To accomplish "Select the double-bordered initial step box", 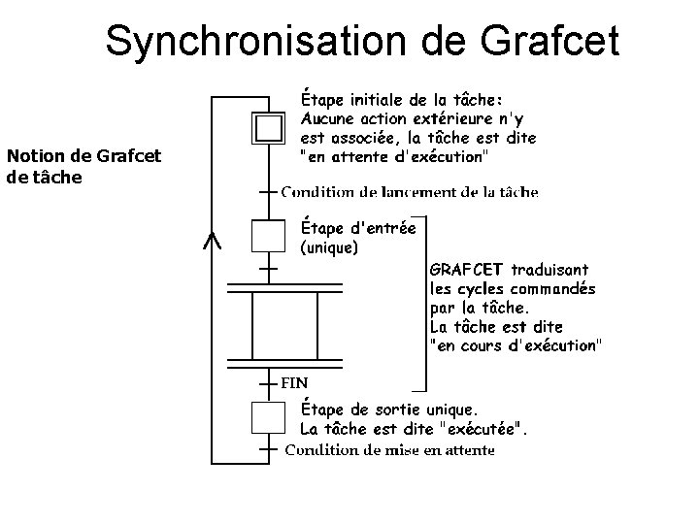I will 267,127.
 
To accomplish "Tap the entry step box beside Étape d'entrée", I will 267,236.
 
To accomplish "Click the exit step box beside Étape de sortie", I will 267,417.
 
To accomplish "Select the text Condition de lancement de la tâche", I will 410,192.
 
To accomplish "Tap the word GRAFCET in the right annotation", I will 465,270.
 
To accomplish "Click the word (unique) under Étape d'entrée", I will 329,247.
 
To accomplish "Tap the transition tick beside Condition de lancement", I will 267,192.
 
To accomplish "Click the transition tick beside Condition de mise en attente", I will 267,449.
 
